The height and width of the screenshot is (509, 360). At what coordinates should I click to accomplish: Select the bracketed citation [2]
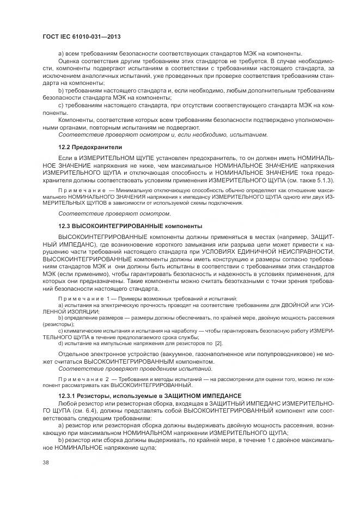click(219, 344)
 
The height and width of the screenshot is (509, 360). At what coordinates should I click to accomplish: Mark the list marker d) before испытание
click(60, 344)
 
